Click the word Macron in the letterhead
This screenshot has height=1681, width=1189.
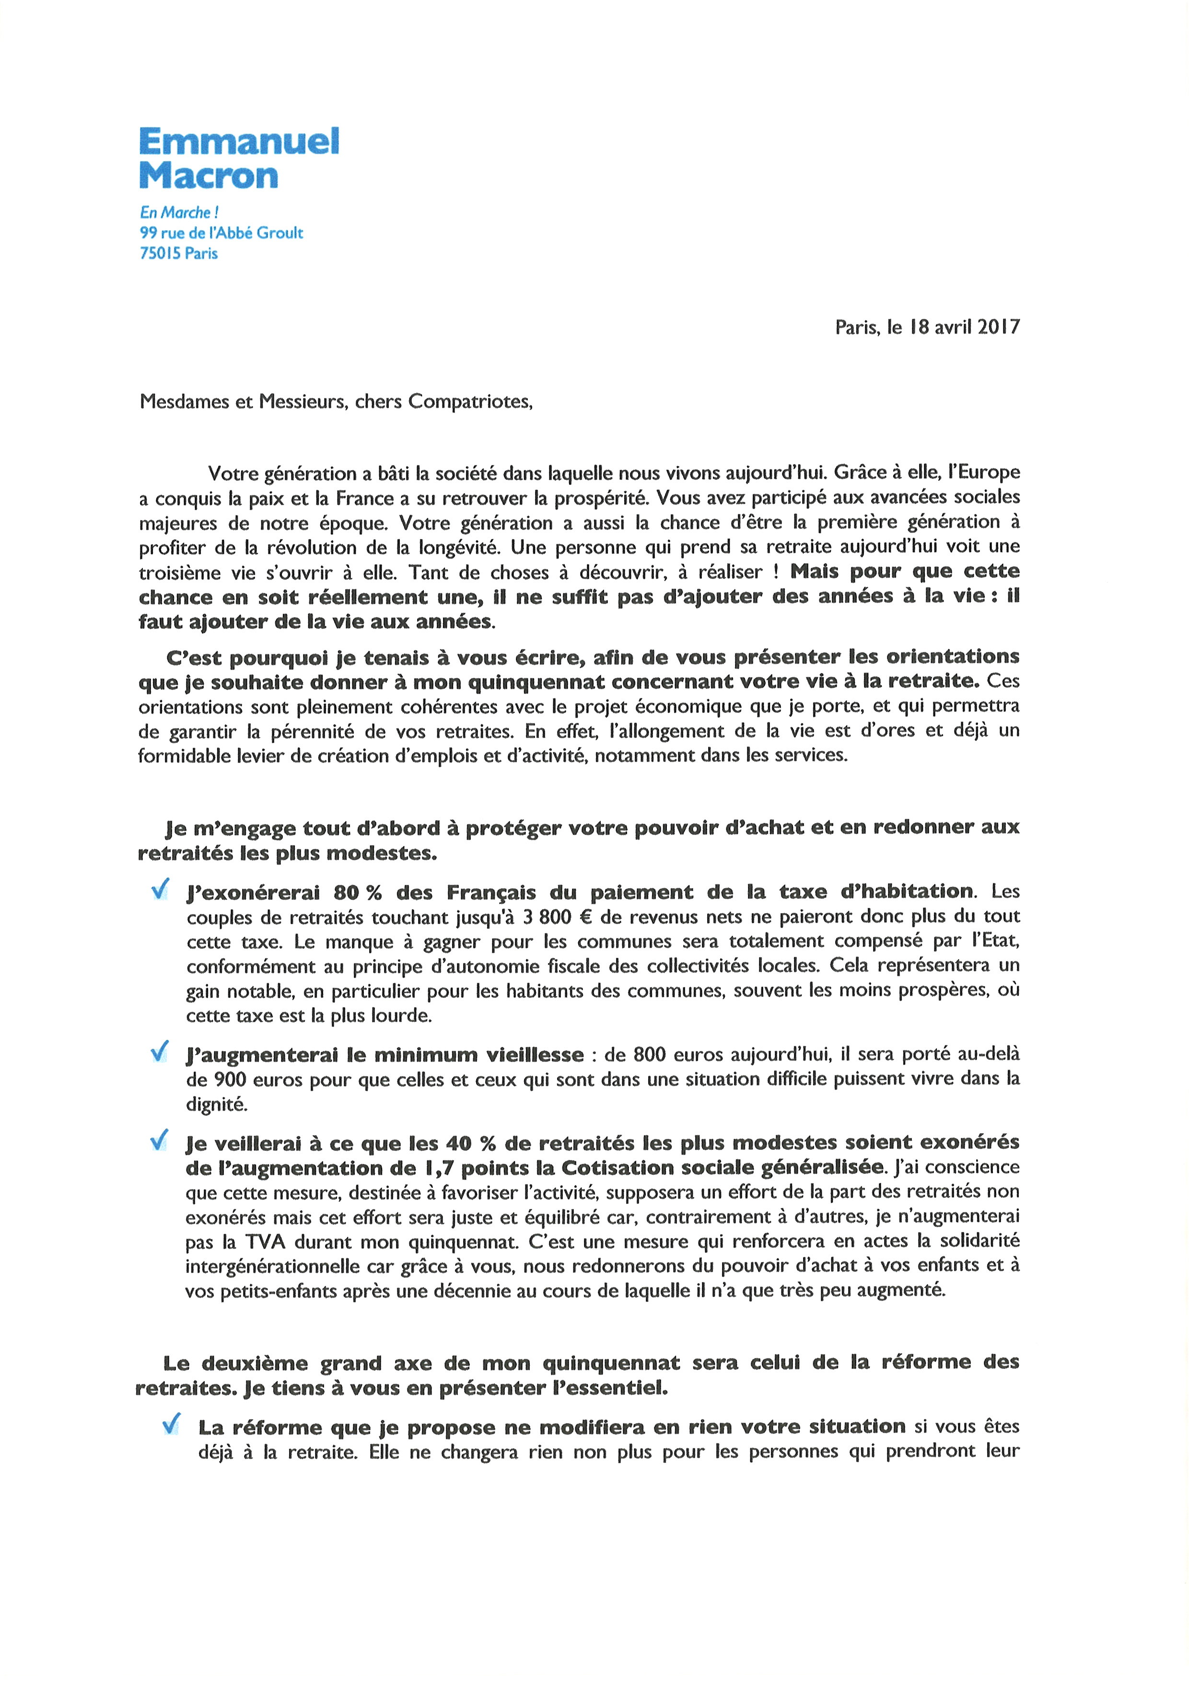[x=209, y=176]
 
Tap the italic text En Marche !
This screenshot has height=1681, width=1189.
[x=179, y=212]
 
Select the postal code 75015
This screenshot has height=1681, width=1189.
[x=160, y=253]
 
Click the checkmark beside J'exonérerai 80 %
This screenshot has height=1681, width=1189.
[x=160, y=890]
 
